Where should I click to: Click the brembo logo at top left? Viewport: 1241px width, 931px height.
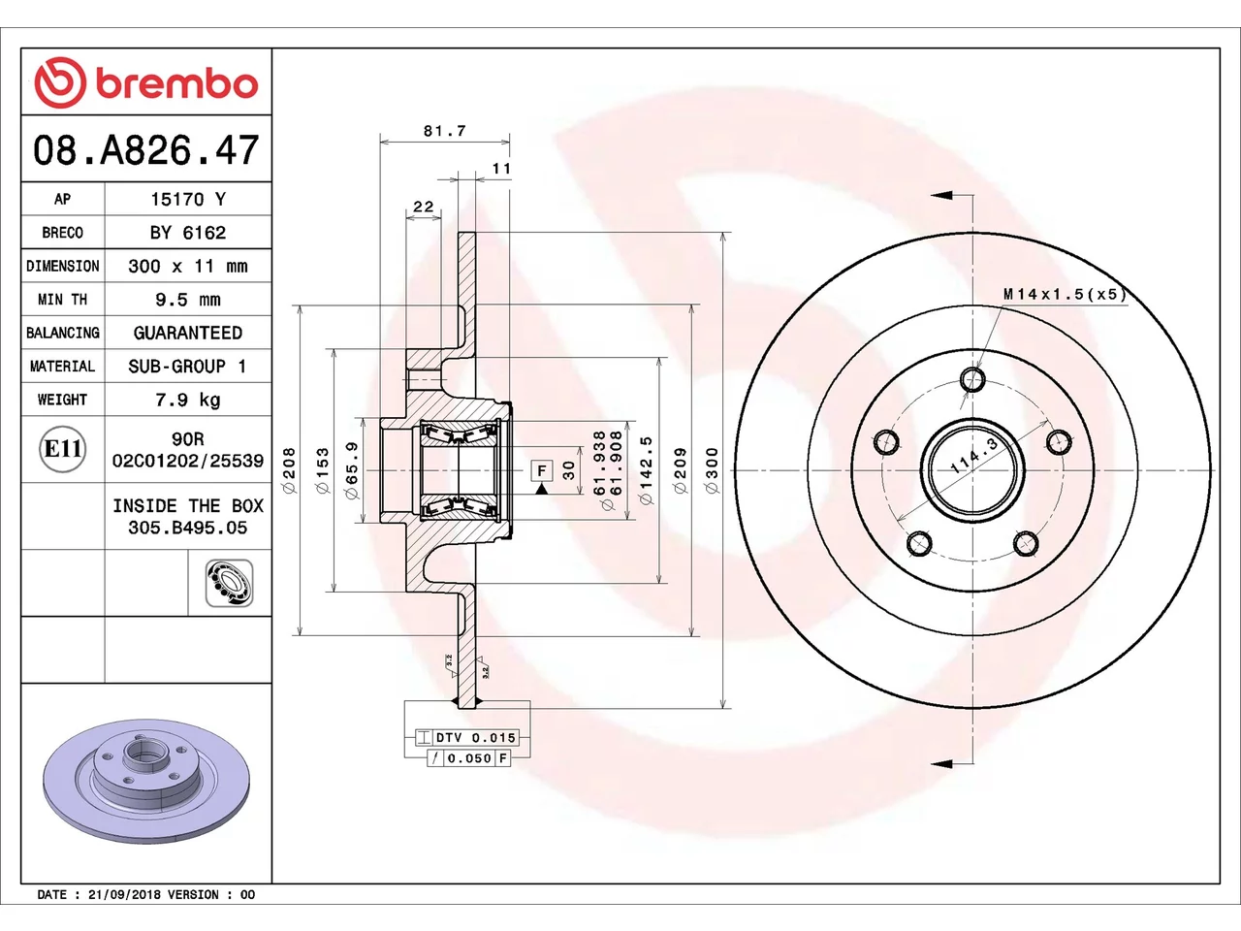(146, 82)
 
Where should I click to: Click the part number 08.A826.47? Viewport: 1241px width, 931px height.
(145, 150)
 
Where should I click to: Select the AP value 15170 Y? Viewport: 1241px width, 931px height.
(188, 199)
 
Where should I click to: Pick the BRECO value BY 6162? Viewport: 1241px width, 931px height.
(188, 233)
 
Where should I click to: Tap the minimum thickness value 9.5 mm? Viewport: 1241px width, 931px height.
(188, 300)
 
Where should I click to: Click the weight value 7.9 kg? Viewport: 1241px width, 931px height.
(188, 401)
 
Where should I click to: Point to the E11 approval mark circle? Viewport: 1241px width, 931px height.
(63, 449)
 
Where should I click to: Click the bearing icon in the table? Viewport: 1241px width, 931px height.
(229, 583)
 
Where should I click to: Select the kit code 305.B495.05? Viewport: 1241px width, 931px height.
(188, 528)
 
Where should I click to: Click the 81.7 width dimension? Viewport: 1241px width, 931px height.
(445, 131)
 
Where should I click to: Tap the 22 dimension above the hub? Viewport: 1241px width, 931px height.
(423, 207)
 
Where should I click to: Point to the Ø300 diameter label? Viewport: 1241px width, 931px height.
(713, 470)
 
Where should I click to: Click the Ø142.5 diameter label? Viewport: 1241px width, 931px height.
(646, 469)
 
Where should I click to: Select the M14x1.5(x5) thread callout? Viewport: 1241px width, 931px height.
(1065, 294)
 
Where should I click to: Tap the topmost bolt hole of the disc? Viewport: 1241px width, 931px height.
(972, 379)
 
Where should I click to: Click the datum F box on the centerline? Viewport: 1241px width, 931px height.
(542, 470)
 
